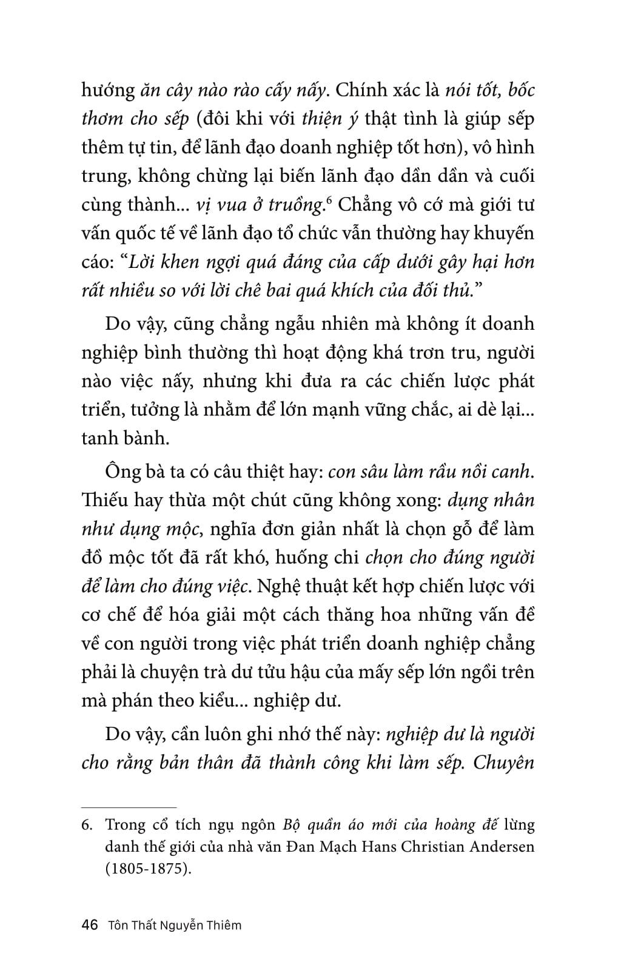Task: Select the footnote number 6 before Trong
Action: pyautogui.click(x=88, y=825)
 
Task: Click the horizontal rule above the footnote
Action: pyautogui.click(x=129, y=807)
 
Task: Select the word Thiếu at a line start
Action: pyautogui.click(x=102, y=501)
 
